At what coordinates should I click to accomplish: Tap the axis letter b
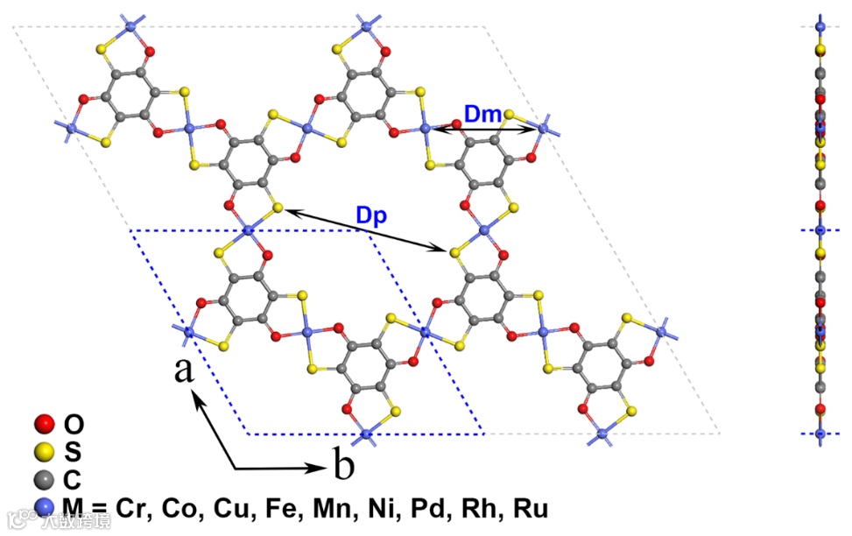click(x=344, y=467)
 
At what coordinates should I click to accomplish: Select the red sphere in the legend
click(x=42, y=426)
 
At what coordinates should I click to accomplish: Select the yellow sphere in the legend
click(x=42, y=453)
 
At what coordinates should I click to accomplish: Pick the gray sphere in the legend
click(x=42, y=480)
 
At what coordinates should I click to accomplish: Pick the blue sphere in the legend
click(x=42, y=507)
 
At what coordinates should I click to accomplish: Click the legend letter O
click(x=75, y=426)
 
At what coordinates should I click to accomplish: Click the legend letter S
click(x=74, y=453)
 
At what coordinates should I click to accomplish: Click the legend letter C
click(x=74, y=480)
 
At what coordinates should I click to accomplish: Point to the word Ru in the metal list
click(x=532, y=508)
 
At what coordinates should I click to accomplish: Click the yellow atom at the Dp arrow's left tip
click(x=278, y=208)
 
